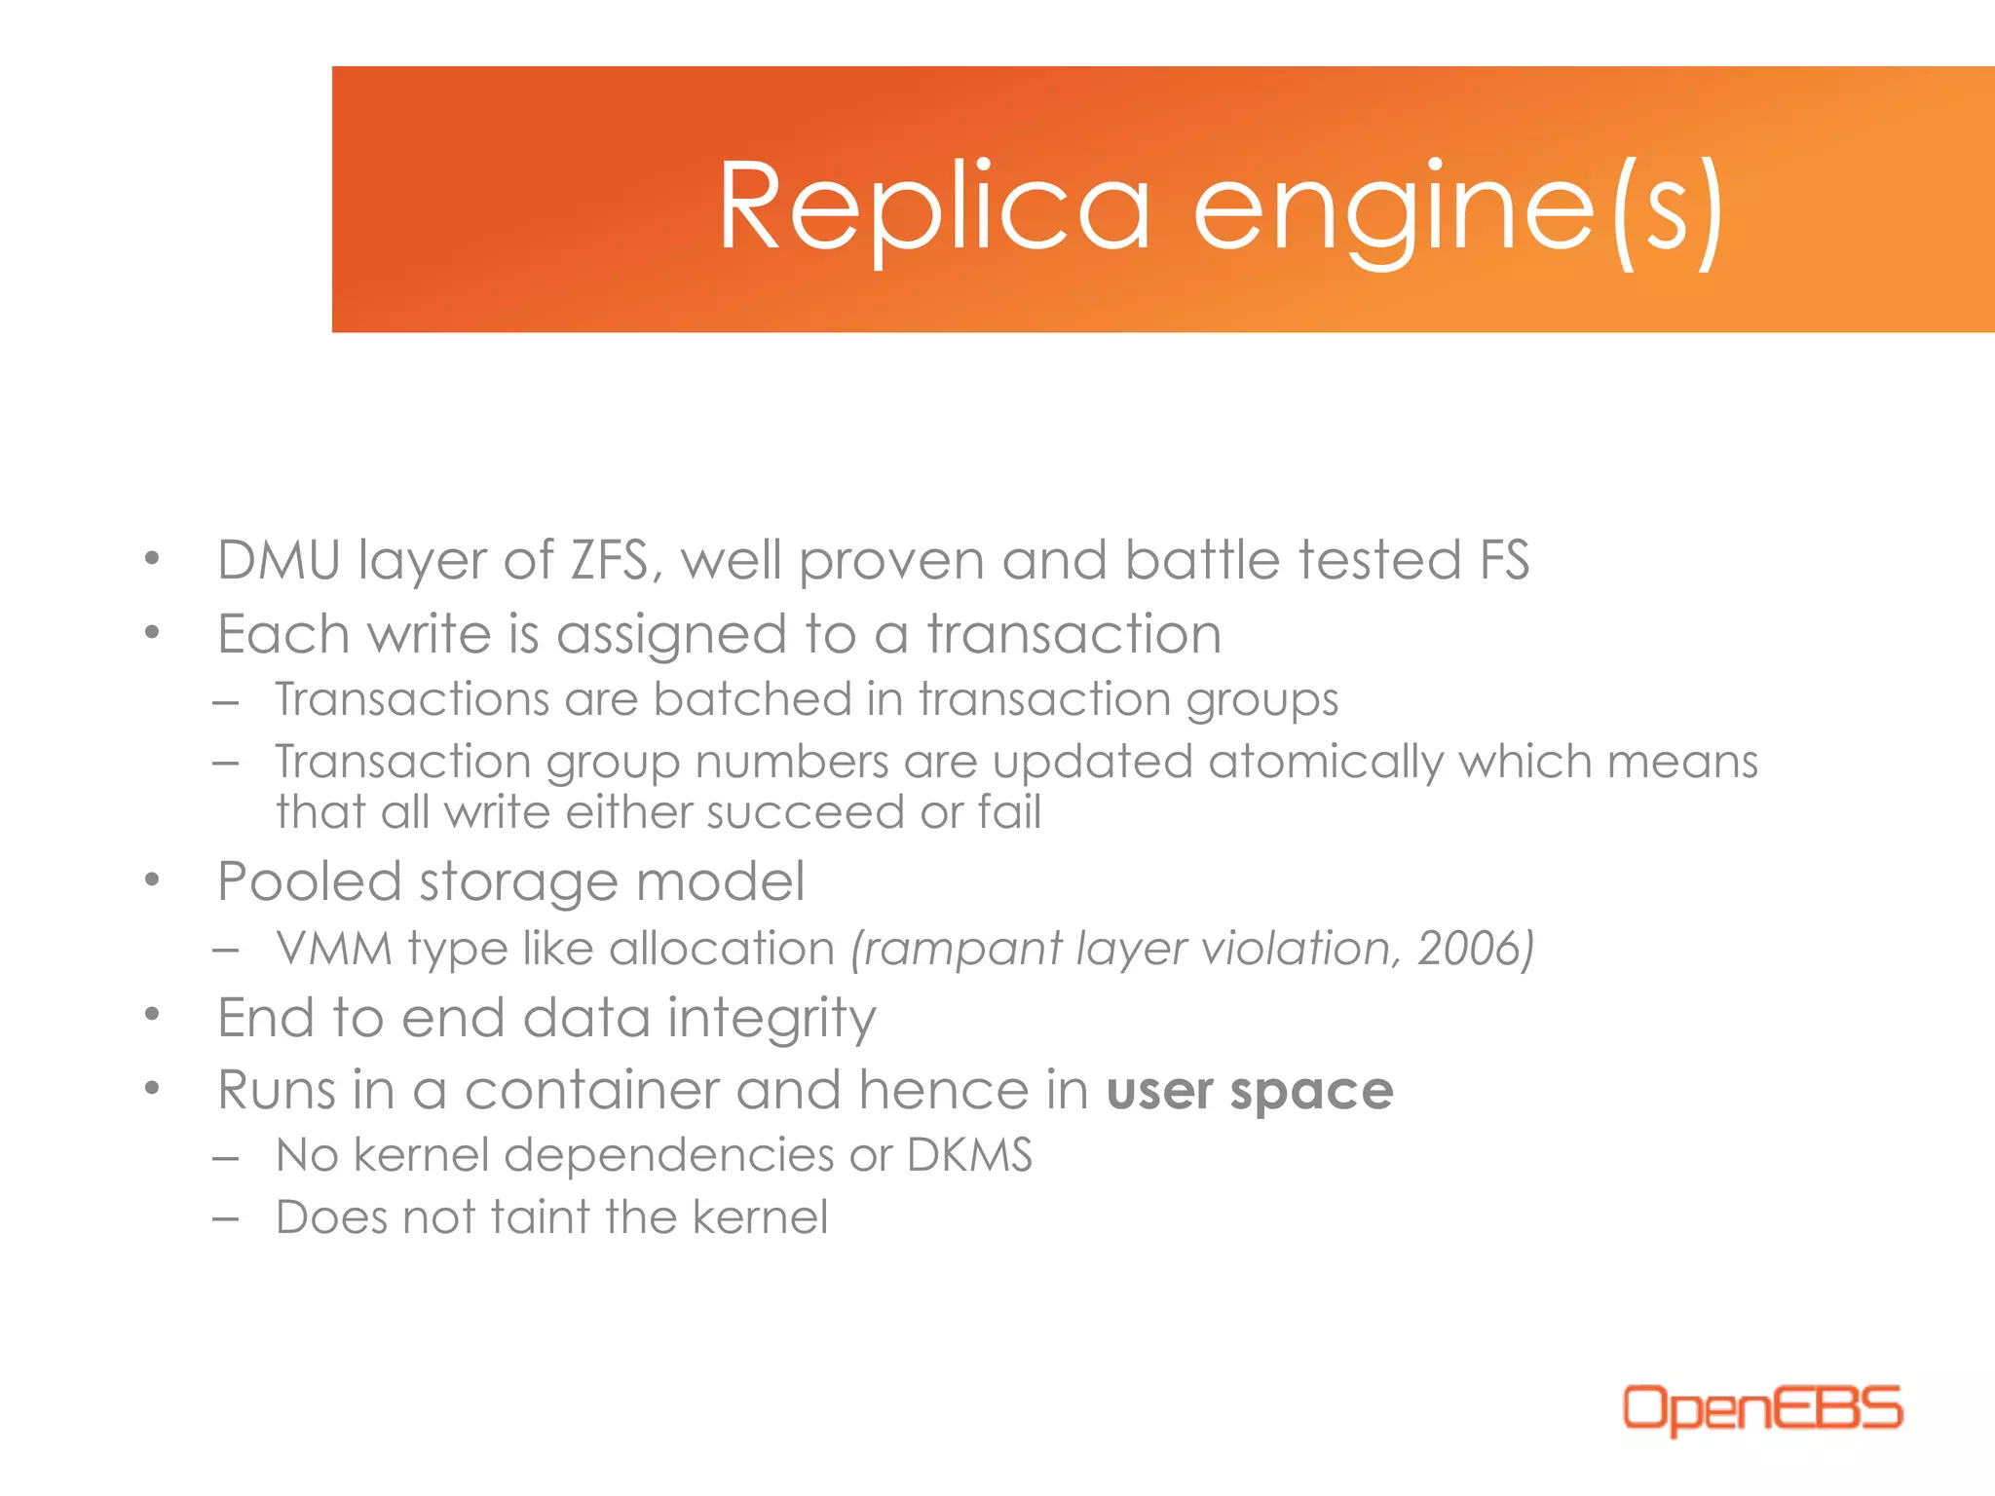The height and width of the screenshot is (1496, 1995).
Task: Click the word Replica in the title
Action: (933, 207)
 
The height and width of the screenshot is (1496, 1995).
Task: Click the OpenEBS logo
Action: (1761, 1408)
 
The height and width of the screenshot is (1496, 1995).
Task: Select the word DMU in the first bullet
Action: (279, 561)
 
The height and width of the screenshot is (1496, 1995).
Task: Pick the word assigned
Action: (671, 636)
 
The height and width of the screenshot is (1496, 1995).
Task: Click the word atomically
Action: (1326, 762)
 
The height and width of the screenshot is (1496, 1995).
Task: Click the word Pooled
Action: (310, 882)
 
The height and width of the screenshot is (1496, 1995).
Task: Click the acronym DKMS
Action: (969, 1156)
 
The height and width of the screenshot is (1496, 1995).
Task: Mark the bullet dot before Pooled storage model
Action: (151, 880)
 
